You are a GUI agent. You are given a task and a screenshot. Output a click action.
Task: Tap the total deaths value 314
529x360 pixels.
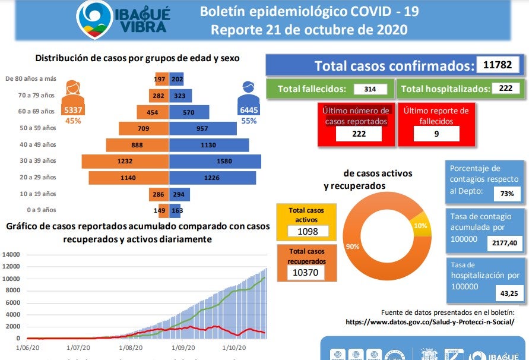(370, 89)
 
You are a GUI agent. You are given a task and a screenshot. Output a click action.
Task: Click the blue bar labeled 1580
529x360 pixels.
(216, 161)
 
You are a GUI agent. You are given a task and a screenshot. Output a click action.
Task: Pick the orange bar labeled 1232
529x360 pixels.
(125, 161)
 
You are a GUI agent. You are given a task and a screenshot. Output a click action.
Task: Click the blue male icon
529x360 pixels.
(248, 93)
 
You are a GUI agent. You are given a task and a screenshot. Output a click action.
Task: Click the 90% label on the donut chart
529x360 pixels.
(352, 246)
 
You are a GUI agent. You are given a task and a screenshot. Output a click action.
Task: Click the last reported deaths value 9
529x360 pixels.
(436, 134)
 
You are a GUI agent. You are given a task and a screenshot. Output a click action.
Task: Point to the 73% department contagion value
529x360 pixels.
(507, 194)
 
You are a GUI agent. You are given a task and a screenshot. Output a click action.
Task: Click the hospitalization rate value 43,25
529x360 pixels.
(509, 292)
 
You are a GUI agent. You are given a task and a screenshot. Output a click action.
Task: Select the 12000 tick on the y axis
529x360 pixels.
(11, 267)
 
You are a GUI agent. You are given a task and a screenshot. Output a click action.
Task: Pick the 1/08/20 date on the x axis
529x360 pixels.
(131, 348)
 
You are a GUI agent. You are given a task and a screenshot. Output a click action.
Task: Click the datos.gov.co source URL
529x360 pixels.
(430, 322)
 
